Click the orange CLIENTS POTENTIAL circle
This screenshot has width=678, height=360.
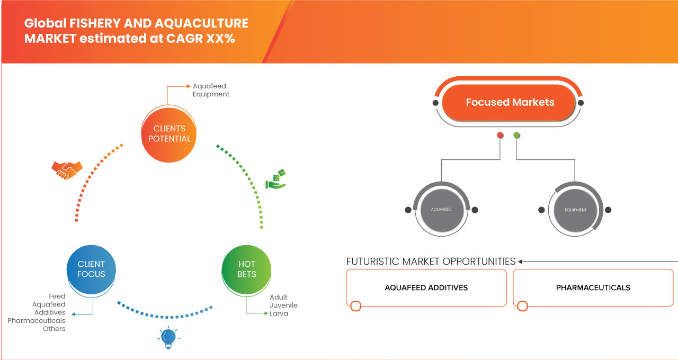pyautogui.click(x=169, y=133)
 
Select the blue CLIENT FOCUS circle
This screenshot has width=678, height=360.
pyautogui.click(x=91, y=269)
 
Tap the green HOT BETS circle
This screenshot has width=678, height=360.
pyautogui.click(x=246, y=269)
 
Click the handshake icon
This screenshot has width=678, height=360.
pyautogui.click(x=67, y=169)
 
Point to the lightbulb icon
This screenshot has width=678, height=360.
pyautogui.click(x=168, y=337)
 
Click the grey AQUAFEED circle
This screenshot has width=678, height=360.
pyautogui.click(x=441, y=210)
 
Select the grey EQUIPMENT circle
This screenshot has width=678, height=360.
pyautogui.click(x=575, y=210)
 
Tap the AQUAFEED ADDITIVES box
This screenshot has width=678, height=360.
pyautogui.click(x=426, y=287)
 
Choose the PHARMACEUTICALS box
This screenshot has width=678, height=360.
pyautogui.click(x=593, y=287)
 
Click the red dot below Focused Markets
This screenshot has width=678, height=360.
pyautogui.click(x=499, y=136)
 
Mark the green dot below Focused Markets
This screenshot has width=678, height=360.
pyautogui.click(x=516, y=136)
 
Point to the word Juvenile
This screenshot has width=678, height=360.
pyautogui.click(x=283, y=305)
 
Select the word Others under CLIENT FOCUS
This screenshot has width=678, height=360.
pyautogui.click(x=54, y=329)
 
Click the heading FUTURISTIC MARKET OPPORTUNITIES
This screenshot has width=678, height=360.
pyautogui.click(x=431, y=262)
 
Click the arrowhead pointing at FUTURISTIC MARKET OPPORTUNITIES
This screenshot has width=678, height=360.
pyautogui.click(x=521, y=262)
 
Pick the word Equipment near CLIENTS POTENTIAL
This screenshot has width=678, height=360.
pyautogui.click(x=211, y=94)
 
